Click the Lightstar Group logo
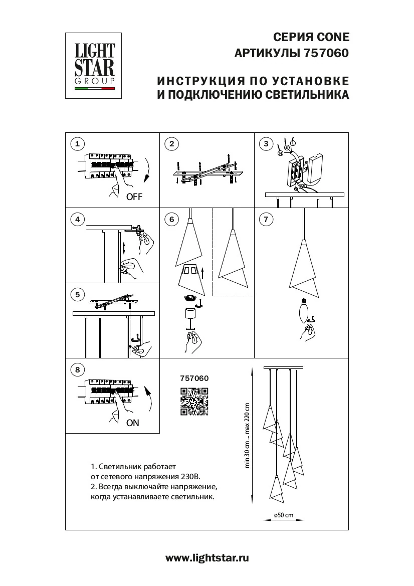pos(95,66)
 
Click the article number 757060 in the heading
pos(326,53)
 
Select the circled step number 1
pos(77,144)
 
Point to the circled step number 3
pos(266,144)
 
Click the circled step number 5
pos(77,294)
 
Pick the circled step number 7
pos(266,219)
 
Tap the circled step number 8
pos(77,370)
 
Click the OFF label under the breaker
pos(134,197)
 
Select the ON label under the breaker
pos(133,423)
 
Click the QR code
pos(194,402)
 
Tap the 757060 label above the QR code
pos(194,378)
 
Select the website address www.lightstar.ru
pos(207,557)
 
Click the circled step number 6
pos(171,219)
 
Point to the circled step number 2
pos(171,144)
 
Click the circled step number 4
pos(77,219)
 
